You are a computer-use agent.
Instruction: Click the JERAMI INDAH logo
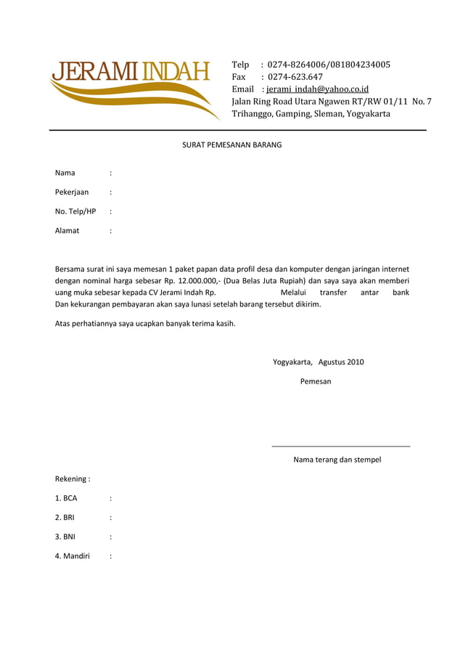[x=131, y=84]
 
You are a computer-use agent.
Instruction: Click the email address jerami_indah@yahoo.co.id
[x=318, y=89]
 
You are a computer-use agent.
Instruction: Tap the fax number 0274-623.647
[x=295, y=77]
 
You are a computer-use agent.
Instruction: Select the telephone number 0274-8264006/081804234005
[x=329, y=65]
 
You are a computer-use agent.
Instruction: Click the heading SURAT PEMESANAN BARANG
[x=231, y=145]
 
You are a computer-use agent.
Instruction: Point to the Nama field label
[x=65, y=173]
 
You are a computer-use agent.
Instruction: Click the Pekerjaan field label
[x=72, y=192]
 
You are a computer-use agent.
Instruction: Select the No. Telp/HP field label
[x=75, y=212]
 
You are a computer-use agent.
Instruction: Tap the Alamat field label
[x=67, y=231]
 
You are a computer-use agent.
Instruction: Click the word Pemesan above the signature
[x=316, y=381]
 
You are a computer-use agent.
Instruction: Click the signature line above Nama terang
[x=340, y=446]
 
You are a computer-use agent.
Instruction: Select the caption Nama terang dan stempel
[x=337, y=460]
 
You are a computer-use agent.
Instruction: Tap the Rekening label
[x=73, y=479]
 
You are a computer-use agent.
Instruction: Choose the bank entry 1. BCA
[x=66, y=499]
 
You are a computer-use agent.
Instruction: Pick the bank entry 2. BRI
[x=65, y=518]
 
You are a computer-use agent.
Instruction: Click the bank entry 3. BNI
[x=65, y=537]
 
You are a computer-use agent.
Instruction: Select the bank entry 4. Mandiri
[x=73, y=557]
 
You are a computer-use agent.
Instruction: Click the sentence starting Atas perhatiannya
[x=145, y=324]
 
